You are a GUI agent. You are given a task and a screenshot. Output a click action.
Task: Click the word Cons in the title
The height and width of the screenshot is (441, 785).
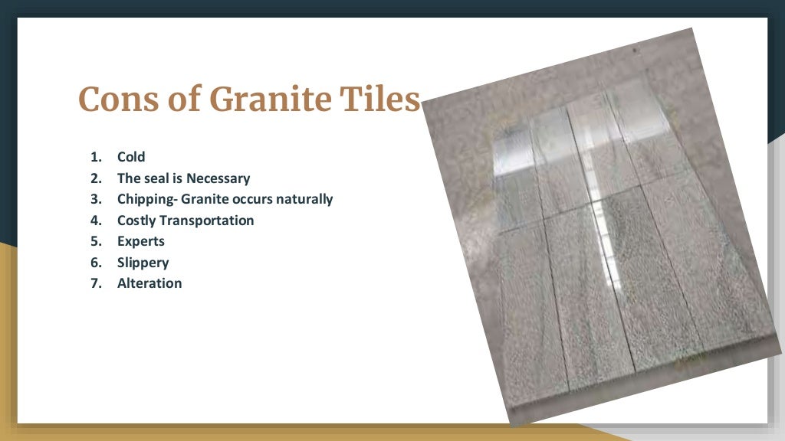click(116, 100)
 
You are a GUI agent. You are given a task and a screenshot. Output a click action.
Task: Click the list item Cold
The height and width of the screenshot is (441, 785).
click(131, 157)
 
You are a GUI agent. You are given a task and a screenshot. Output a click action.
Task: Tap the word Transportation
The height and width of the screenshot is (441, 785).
click(209, 220)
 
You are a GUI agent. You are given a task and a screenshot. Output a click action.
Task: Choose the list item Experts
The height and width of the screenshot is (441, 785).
click(141, 241)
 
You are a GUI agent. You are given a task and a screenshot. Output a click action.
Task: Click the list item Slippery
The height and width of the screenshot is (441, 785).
click(143, 263)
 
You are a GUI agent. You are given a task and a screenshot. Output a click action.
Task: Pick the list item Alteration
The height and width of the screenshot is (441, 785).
click(149, 283)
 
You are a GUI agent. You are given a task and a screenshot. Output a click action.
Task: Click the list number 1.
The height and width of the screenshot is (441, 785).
click(95, 157)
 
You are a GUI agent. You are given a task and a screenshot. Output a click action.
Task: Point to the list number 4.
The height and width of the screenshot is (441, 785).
click(95, 220)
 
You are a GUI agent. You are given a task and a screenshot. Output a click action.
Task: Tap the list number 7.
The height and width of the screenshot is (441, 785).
click(95, 283)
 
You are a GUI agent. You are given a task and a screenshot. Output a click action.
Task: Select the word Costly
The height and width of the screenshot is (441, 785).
click(138, 220)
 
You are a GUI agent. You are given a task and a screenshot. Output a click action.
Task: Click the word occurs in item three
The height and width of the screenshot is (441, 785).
click(253, 199)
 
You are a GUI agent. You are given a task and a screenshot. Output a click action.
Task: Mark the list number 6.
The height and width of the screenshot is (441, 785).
click(95, 263)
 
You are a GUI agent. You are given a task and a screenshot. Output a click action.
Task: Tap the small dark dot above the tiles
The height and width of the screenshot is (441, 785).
click(635, 51)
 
